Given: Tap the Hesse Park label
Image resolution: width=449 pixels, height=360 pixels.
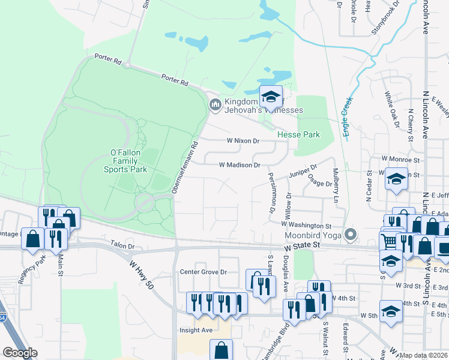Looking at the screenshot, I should [298, 135].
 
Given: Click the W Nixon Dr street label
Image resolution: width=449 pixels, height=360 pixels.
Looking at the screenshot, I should [243, 142].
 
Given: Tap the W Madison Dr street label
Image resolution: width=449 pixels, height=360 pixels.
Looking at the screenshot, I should [239, 165].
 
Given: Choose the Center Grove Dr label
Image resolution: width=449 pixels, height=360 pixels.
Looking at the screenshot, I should [203, 272].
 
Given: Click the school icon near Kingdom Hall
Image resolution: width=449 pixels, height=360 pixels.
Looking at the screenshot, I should [271, 97].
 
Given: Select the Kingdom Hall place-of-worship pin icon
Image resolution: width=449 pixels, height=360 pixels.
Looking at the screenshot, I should [215, 106].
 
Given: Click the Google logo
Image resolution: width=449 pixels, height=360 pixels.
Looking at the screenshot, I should [20, 353].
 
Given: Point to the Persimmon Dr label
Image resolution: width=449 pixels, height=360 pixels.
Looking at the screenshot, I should [272, 193].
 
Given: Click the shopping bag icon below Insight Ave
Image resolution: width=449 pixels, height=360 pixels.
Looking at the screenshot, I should [221, 350].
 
